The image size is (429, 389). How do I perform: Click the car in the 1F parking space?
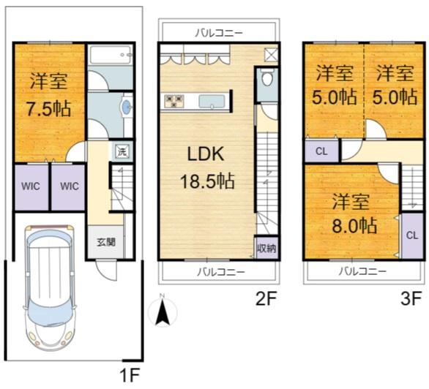point(49,287)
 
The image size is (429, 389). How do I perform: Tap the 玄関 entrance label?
point(106,242)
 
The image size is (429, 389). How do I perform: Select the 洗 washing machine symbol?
point(122,151)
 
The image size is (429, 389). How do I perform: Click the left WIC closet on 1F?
point(31,187)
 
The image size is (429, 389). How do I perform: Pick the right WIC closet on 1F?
point(69,187)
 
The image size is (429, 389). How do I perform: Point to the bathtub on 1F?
point(111,55)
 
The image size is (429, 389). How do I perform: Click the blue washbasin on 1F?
point(127,105)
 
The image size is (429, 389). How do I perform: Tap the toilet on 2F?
point(267,78)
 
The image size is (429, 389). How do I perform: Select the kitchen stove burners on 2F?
point(174,101)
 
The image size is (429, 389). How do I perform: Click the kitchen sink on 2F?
point(212,102)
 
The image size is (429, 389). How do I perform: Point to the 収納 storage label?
point(266,249)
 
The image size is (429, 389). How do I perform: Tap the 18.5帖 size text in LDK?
point(207,181)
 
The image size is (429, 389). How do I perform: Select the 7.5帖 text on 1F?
point(49,108)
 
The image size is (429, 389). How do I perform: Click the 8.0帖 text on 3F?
point(354,226)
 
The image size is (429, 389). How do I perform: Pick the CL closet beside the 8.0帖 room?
point(412,235)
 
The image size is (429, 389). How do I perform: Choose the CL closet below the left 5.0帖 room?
point(321,151)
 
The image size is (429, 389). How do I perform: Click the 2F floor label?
point(266,298)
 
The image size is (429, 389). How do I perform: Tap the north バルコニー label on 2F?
point(219,34)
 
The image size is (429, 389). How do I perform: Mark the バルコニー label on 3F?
point(363,271)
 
